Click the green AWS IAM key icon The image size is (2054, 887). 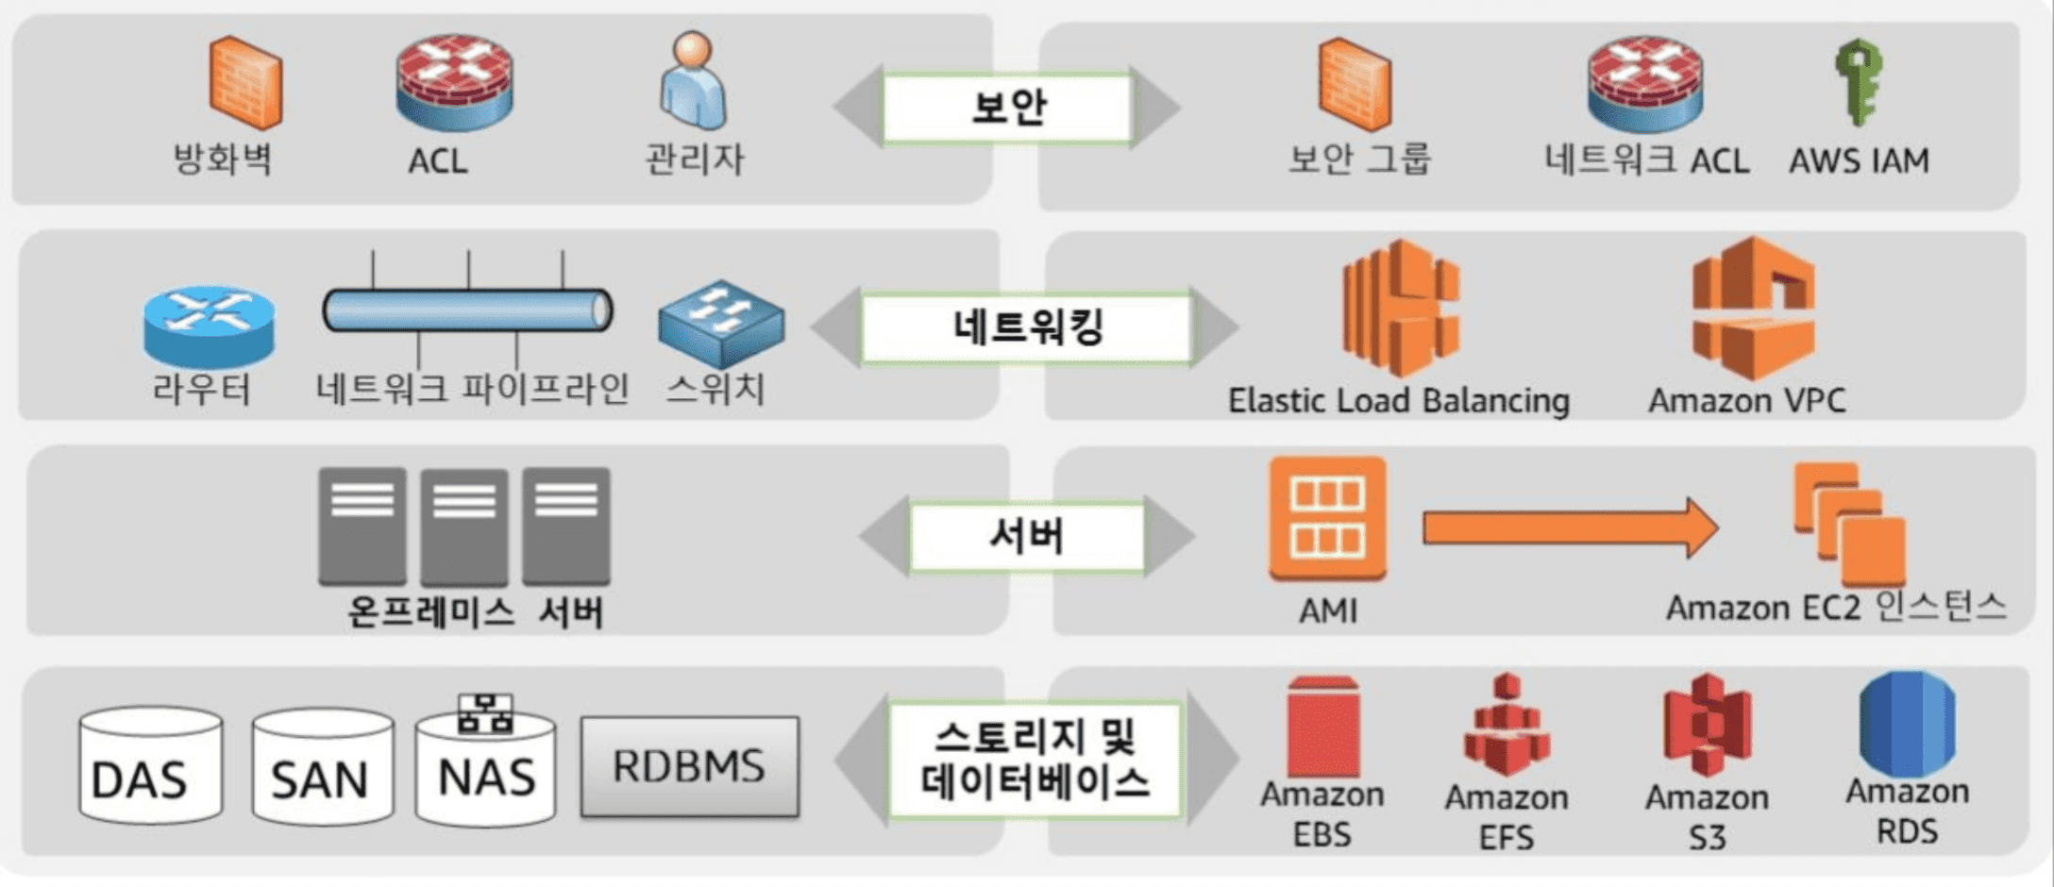[1858, 83]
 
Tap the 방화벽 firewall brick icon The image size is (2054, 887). [245, 82]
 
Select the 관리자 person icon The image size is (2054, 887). [693, 81]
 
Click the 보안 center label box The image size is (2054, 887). [1007, 107]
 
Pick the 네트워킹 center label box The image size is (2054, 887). [1027, 327]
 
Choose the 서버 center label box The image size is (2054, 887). [1027, 536]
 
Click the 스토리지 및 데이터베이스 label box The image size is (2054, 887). [1035, 759]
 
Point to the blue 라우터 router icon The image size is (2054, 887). [209, 326]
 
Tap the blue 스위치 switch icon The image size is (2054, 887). [721, 324]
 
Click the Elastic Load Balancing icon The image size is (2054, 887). [1401, 308]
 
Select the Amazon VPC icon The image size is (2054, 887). [1754, 308]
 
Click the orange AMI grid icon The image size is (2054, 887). [1327, 518]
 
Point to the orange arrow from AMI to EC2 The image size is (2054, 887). [1571, 528]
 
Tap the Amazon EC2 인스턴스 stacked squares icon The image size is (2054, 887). [1849, 524]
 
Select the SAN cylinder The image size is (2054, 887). [323, 766]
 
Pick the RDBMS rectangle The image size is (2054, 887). [690, 766]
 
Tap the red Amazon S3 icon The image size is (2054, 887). [1708, 725]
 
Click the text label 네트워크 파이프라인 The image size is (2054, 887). [472, 389]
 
